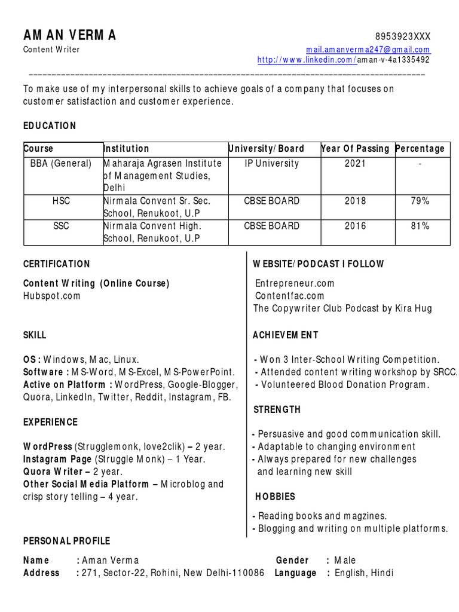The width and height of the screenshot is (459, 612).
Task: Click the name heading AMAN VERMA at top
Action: tap(70, 36)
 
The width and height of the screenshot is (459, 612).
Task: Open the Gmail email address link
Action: tap(368, 50)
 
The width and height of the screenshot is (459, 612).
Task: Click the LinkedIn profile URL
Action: tap(343, 60)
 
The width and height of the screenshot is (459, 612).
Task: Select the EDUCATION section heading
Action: tap(50, 126)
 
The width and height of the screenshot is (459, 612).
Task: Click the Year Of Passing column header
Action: tap(355, 149)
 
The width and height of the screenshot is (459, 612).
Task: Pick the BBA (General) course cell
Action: tap(61, 163)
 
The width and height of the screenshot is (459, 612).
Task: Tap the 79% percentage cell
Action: tap(420, 201)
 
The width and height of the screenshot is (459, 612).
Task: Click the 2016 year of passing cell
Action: tap(355, 226)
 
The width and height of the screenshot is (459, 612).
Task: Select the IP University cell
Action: tap(272, 163)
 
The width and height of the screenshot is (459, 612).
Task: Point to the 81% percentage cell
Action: tap(420, 226)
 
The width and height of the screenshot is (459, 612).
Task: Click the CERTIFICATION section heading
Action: tap(57, 264)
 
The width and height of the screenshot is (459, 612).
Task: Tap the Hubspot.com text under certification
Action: tap(51, 296)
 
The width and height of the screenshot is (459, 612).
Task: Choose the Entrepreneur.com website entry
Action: tap(295, 283)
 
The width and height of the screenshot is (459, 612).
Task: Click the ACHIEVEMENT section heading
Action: tap(286, 335)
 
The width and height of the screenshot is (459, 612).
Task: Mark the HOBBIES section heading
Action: tap(275, 497)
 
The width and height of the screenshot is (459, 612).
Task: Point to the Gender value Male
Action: tap(345, 560)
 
